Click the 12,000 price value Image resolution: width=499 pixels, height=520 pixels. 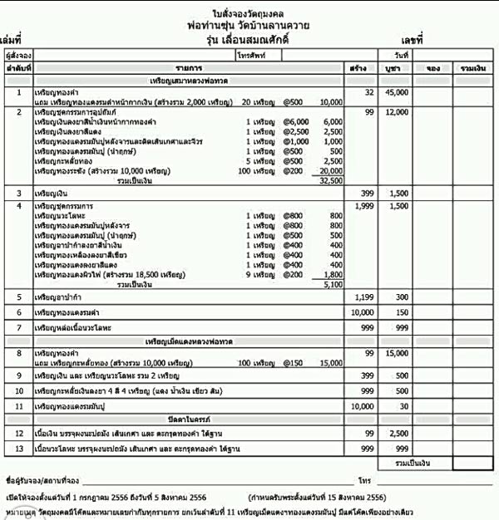[x=397, y=111]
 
